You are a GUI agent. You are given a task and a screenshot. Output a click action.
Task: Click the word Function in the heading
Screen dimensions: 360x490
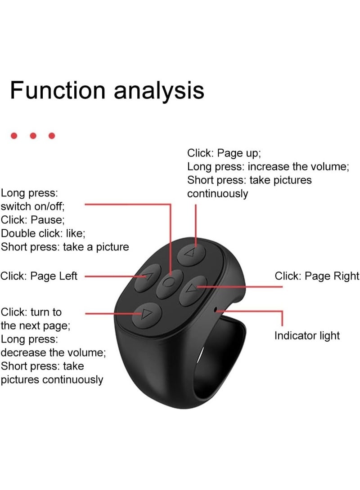pyautogui.click(x=58, y=90)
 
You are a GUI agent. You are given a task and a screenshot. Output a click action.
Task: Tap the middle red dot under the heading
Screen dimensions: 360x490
pyautogui.click(x=33, y=136)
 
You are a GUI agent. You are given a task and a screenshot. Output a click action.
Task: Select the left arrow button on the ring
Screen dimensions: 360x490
pyautogui.click(x=148, y=277)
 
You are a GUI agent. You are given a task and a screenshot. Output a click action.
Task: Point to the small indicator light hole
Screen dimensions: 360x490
pyautogui.click(x=216, y=309)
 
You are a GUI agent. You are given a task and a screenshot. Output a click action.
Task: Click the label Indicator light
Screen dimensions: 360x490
pyautogui.click(x=307, y=336)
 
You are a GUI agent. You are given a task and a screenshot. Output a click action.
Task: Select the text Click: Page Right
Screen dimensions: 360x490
pyautogui.click(x=317, y=276)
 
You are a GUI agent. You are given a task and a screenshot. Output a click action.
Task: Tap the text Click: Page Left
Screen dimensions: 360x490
pyautogui.click(x=39, y=276)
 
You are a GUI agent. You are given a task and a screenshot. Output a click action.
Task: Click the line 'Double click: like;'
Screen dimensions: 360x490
pyautogui.click(x=43, y=233)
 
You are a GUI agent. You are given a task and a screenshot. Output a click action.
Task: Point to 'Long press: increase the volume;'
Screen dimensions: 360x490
pyautogui.click(x=268, y=167)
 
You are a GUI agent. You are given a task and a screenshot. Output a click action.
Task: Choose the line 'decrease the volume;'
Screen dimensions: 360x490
pyautogui.click(x=53, y=352)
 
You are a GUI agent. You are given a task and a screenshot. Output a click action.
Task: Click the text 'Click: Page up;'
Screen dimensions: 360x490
pyautogui.click(x=224, y=153)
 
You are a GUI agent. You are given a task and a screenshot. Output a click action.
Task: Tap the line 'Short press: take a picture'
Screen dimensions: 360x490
pyautogui.click(x=65, y=247)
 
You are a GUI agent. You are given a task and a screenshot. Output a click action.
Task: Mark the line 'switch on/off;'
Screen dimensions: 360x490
pyautogui.click(x=32, y=206)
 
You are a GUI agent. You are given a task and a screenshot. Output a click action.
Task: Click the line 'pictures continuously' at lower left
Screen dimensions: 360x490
pyautogui.click(x=52, y=380)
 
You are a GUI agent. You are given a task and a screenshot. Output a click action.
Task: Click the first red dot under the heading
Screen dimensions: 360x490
pyautogui.click(x=14, y=136)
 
